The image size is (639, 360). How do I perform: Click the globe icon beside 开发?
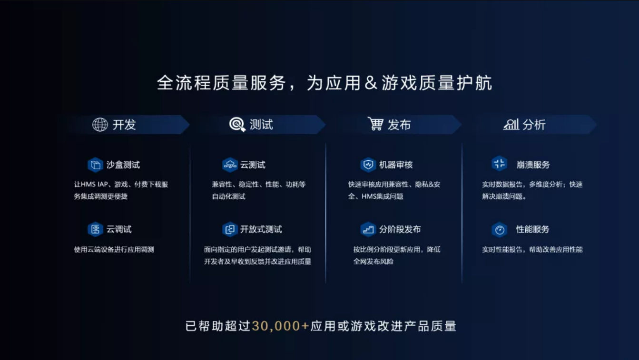pos(100,125)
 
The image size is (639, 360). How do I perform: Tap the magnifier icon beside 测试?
pos(237,125)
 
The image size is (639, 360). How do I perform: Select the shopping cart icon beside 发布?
pos(375,124)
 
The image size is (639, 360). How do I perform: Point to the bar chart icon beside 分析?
pos(511,125)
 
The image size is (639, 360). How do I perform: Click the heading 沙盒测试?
pos(123,165)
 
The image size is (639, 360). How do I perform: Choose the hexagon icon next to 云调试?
pos(95,229)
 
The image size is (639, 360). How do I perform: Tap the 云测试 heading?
pos(253,165)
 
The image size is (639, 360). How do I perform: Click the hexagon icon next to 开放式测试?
pos(230,229)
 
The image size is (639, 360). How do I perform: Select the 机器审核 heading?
pos(396,165)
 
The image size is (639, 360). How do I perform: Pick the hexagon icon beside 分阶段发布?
pos(368,229)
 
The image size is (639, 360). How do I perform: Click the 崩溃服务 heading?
pos(533,165)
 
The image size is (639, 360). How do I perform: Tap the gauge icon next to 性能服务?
pos(500,230)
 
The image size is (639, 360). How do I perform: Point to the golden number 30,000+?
pos(281,326)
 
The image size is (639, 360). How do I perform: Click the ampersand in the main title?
pos(371,83)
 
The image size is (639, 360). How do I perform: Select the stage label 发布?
pos(399,125)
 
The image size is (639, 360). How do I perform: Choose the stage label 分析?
pos(534,125)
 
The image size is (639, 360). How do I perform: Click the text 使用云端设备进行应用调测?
pos(114,249)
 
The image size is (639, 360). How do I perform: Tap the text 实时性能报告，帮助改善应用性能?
pos(532,249)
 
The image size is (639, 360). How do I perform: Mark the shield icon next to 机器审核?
pos(368,165)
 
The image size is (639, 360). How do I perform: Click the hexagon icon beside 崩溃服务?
pos(500,164)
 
